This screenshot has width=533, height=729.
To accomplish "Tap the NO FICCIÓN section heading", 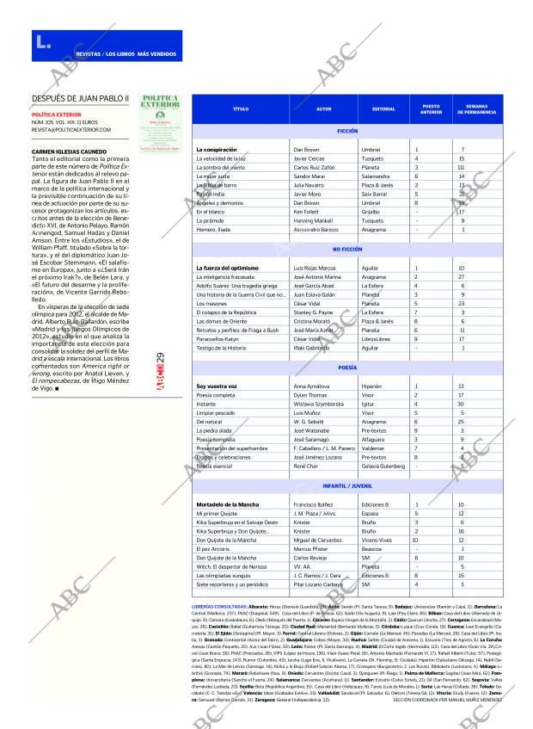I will pyautogui.click(x=347, y=249).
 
